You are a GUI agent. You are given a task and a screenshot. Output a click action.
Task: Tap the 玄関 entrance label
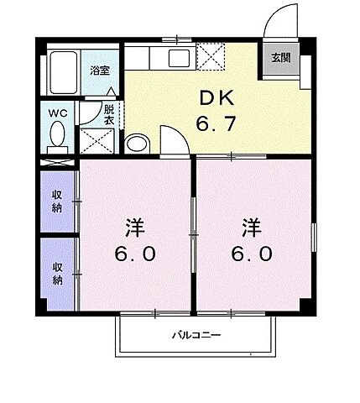tap(280, 59)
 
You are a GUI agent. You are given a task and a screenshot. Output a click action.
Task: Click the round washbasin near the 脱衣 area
tap(137, 143)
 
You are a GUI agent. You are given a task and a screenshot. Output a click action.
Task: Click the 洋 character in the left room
tap(134, 227)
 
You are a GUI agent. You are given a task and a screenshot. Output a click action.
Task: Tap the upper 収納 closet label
tap(57, 201)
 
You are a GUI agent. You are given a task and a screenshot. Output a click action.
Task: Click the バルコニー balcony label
tap(196, 336)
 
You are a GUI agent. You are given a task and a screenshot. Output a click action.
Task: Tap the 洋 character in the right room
tap(250, 227)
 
